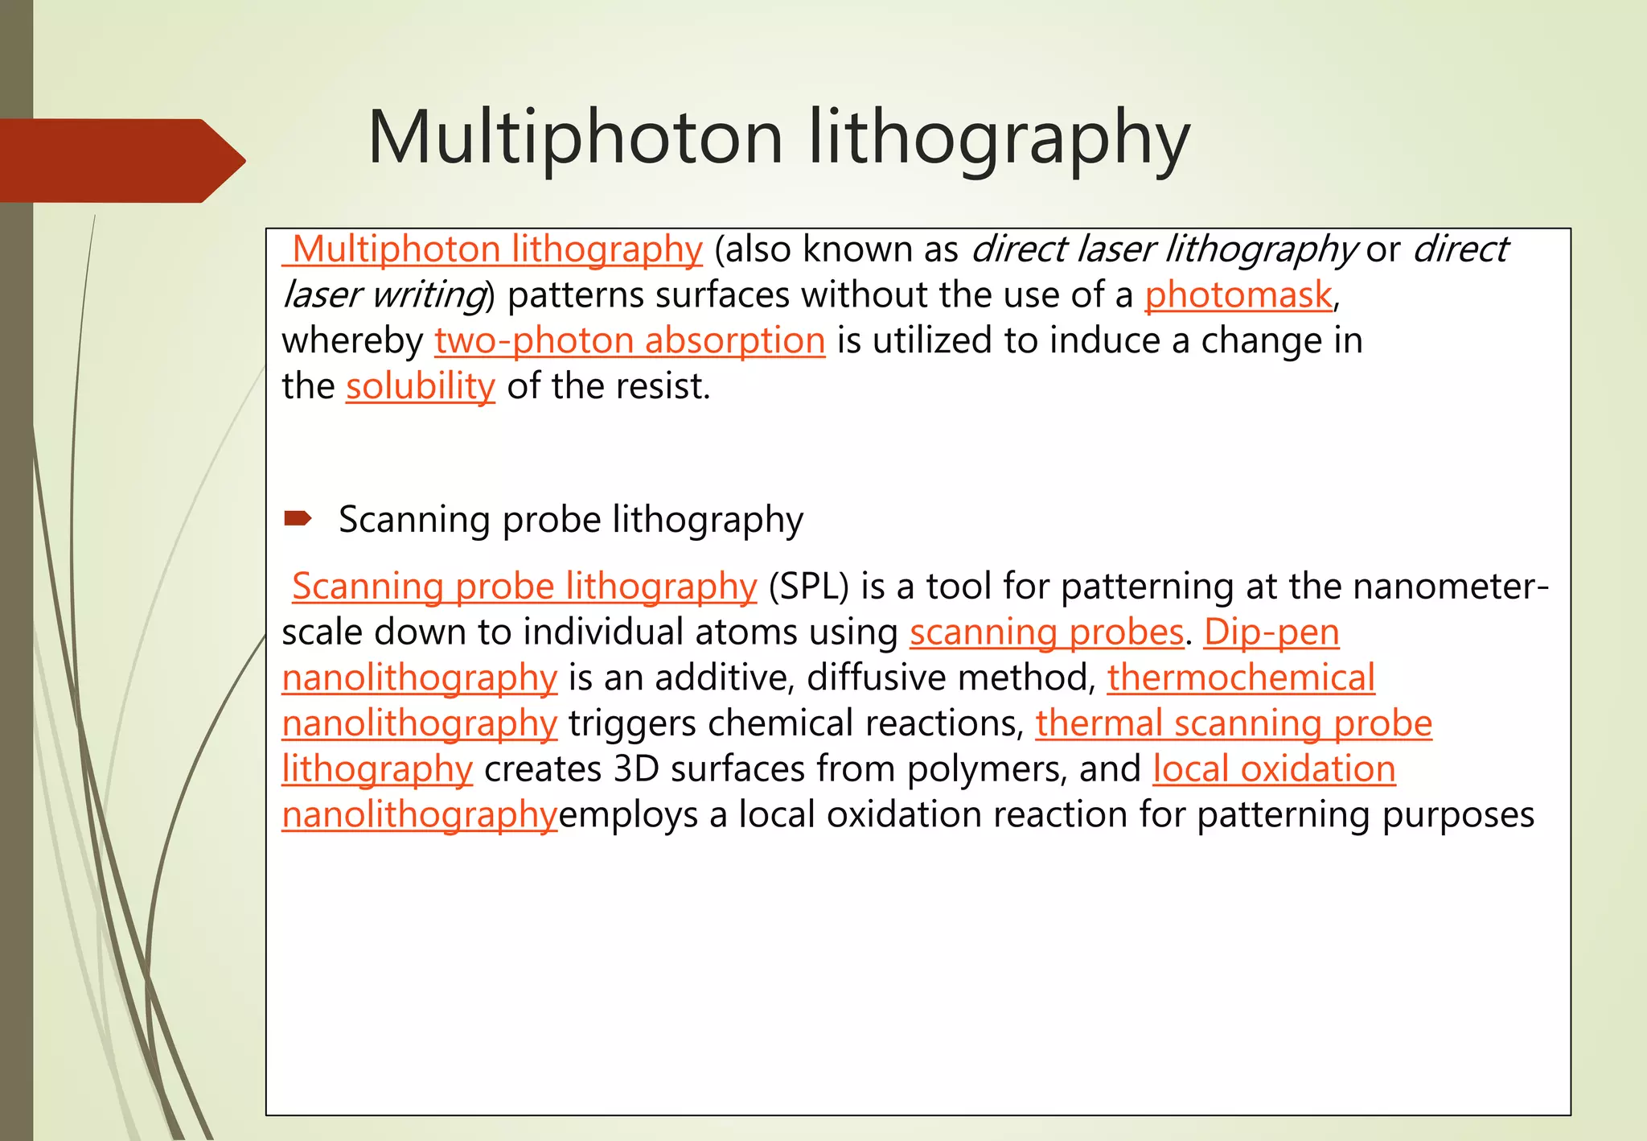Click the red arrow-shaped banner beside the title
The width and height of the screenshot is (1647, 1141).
(x=121, y=160)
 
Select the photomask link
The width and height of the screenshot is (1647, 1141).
(x=1238, y=295)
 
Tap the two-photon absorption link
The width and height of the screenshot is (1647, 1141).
(x=630, y=340)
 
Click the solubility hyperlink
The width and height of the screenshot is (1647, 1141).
(x=420, y=386)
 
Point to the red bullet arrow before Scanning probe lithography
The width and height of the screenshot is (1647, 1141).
(x=298, y=518)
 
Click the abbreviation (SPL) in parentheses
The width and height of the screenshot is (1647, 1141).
(x=808, y=587)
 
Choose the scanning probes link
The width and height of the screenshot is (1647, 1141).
(x=1046, y=632)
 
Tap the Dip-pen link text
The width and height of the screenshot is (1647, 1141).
(x=1271, y=632)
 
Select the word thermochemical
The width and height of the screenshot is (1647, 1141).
(x=1241, y=678)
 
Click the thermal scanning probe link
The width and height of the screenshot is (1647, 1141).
(x=1234, y=723)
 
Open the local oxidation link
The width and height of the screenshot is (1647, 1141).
(x=1274, y=769)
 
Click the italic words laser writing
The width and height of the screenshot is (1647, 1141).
(x=382, y=295)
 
